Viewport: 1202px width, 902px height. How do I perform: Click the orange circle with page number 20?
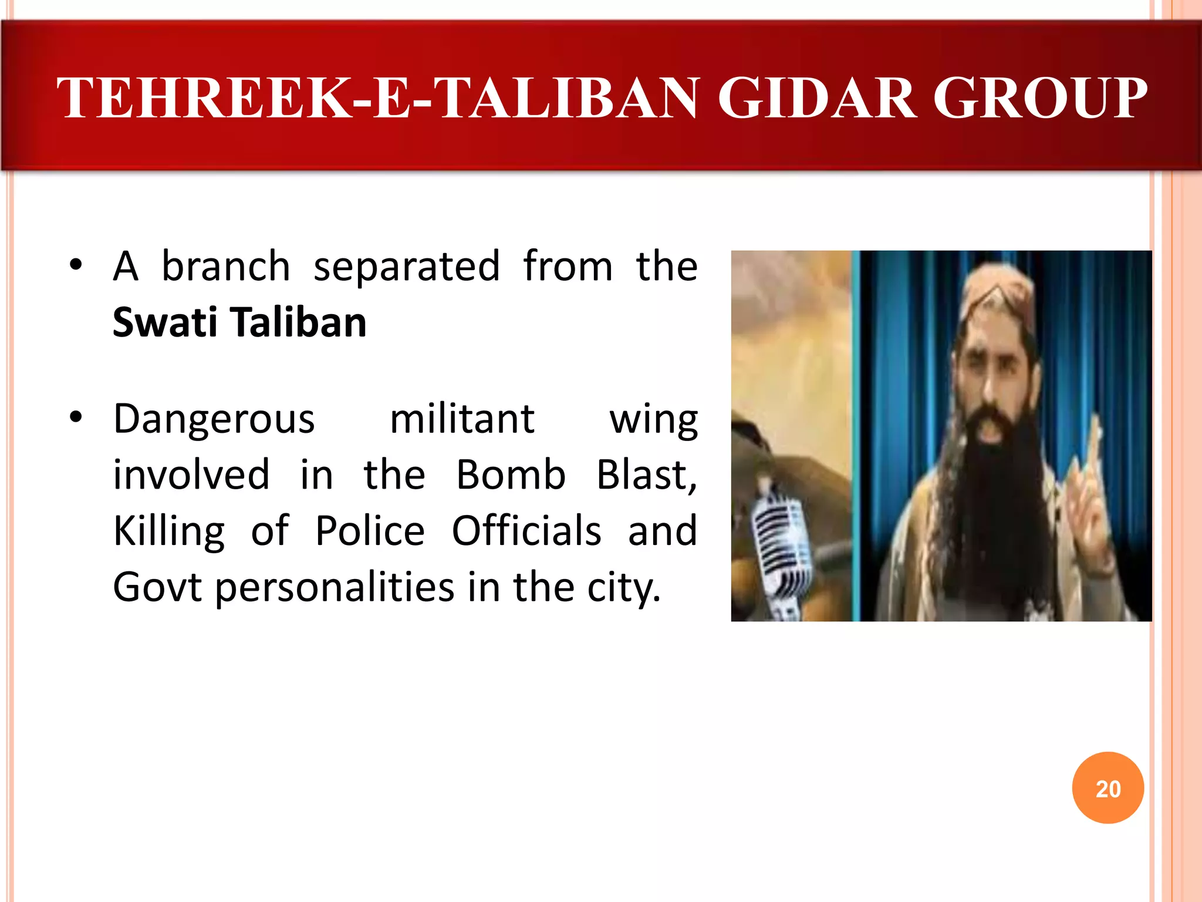pyautogui.click(x=1108, y=787)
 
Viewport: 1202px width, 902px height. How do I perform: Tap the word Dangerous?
pyautogui.click(x=214, y=419)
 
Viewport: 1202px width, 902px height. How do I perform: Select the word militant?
pyautogui.click(x=462, y=419)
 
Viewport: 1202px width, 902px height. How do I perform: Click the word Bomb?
pyautogui.click(x=511, y=474)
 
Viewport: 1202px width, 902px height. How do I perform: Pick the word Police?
pyautogui.click(x=370, y=531)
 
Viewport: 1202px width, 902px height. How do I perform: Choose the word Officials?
pyautogui.click(x=526, y=531)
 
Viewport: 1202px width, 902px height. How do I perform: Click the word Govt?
pyautogui.click(x=157, y=587)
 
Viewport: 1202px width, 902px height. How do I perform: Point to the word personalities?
pyautogui.click(x=335, y=587)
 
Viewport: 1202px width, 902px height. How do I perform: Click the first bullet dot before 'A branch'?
pyautogui.click(x=75, y=265)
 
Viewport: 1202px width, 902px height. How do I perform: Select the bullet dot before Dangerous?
pyautogui.click(x=75, y=418)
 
